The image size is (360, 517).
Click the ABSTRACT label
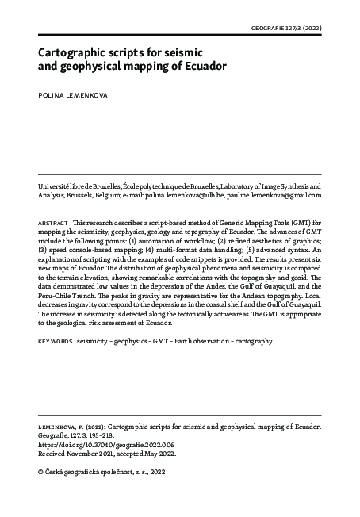52,224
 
